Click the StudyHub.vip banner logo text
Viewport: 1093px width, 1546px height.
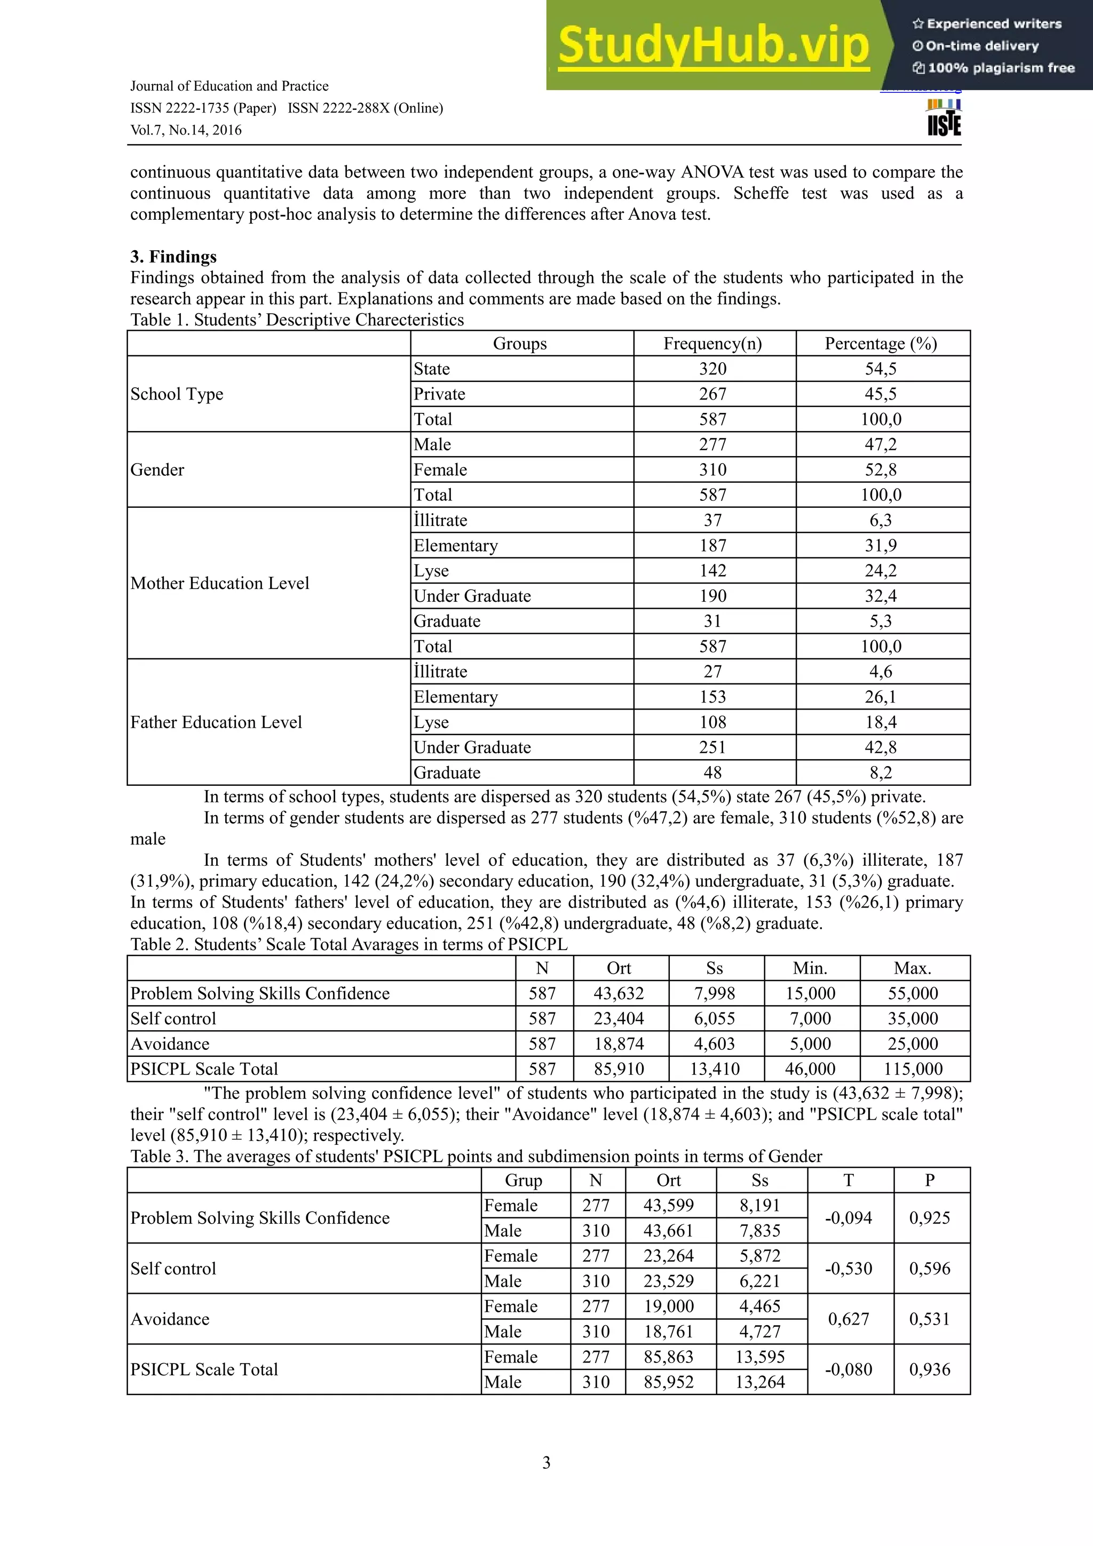click(712, 46)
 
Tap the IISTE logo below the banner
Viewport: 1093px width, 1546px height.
click(944, 118)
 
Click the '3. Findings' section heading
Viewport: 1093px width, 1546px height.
click(173, 257)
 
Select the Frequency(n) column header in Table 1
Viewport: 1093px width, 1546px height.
click(712, 344)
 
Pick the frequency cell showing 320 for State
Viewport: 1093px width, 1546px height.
click(712, 369)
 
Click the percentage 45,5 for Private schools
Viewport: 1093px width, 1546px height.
click(881, 394)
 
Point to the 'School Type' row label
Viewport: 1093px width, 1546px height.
click(177, 394)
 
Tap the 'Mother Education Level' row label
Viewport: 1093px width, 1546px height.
click(219, 583)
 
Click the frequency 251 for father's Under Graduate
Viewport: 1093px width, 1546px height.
click(712, 747)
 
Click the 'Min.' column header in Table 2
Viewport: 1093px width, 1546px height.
click(810, 968)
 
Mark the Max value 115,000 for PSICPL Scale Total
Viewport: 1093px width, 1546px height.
click(913, 1069)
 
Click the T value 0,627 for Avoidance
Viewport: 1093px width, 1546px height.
click(849, 1319)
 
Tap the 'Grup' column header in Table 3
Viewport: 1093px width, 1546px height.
click(523, 1181)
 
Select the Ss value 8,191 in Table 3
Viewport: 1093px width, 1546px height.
click(759, 1205)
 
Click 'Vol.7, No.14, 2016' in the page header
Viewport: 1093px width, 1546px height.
click(186, 130)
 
